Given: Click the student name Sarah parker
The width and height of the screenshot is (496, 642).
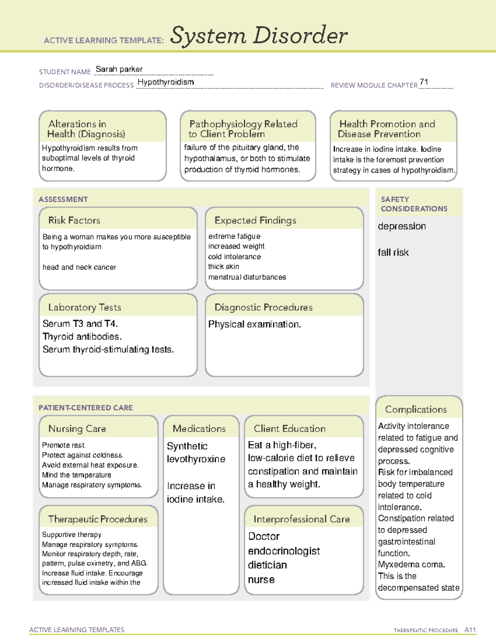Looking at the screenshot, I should (x=119, y=69).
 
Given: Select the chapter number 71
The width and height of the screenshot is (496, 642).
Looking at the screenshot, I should (x=424, y=82).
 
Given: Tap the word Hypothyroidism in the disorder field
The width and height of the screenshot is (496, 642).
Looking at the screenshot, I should (x=166, y=82).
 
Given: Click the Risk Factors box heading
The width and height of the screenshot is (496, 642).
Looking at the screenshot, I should (x=74, y=220).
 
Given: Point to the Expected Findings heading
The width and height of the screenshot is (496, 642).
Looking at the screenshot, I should (x=255, y=221).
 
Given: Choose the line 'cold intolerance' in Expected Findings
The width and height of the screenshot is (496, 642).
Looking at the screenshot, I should (x=234, y=257).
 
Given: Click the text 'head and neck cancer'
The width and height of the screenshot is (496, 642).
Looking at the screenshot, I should (x=79, y=267).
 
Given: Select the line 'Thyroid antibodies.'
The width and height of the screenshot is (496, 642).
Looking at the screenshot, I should (x=82, y=337).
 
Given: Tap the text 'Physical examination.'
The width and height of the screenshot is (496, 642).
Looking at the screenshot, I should (x=255, y=325).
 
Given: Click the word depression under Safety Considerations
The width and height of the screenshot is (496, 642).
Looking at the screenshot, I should (x=402, y=227).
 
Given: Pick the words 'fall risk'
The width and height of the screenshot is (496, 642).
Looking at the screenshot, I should (x=393, y=253).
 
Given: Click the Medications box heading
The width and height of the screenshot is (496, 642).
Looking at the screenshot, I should (x=199, y=429).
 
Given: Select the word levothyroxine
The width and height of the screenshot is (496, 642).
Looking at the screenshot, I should (x=196, y=459).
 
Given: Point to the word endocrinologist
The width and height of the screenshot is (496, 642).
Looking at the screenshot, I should (x=284, y=551).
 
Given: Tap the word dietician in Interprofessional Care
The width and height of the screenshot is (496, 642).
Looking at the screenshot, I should (x=267, y=565).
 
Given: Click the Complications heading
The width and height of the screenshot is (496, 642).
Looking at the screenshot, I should (x=416, y=410).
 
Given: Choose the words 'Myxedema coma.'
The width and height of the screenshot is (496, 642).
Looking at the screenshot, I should (x=411, y=565).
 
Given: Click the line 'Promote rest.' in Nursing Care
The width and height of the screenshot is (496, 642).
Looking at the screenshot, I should (x=64, y=445).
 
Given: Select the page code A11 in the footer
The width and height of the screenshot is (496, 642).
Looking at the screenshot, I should (x=470, y=630).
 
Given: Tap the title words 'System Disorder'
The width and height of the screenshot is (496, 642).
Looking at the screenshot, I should (x=259, y=36).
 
